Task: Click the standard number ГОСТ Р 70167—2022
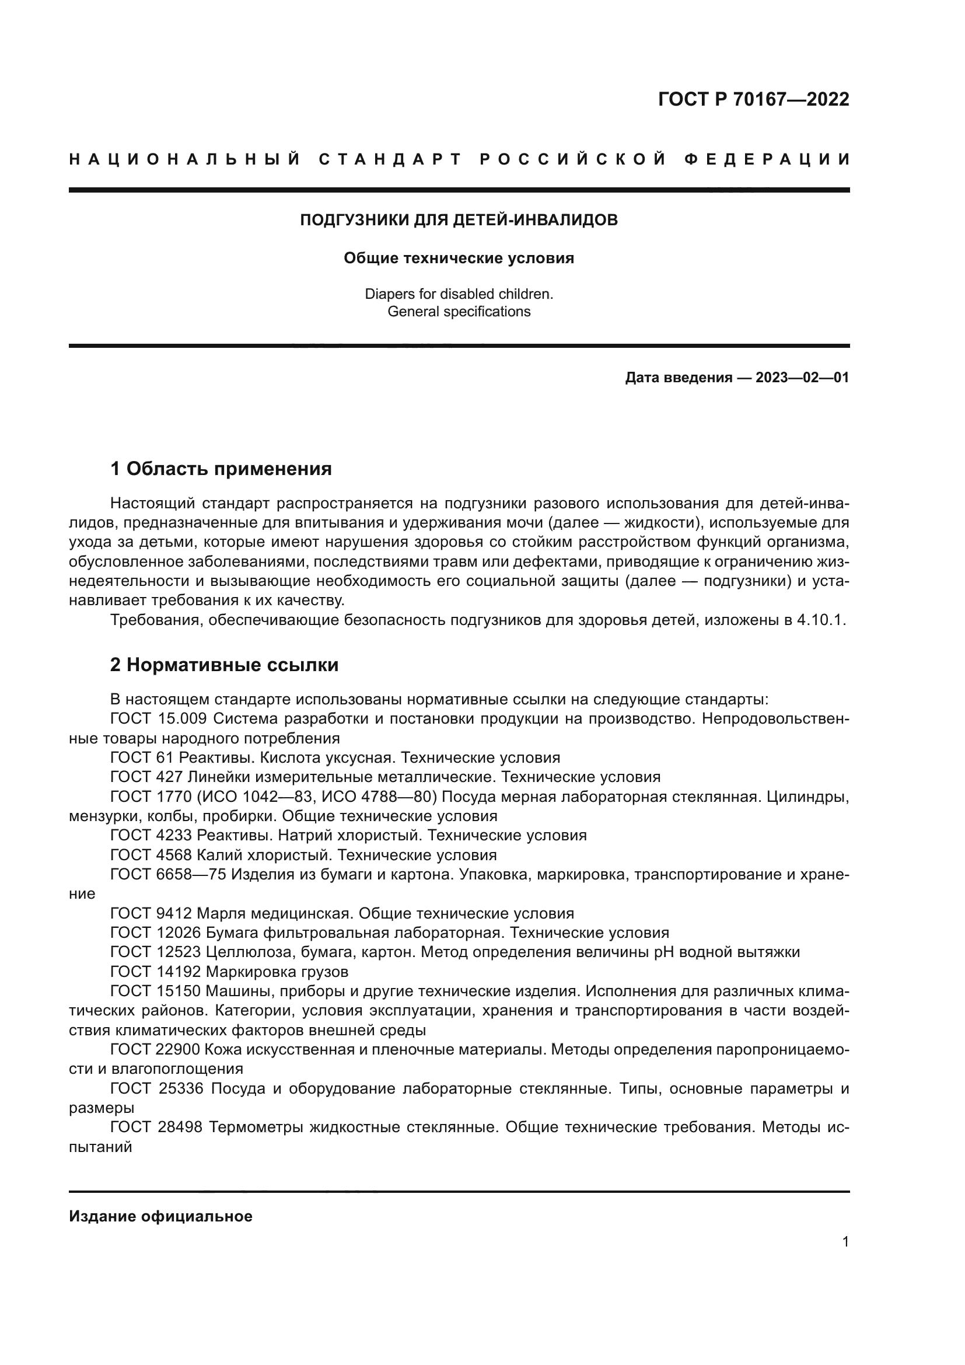753,99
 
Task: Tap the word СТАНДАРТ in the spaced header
390,159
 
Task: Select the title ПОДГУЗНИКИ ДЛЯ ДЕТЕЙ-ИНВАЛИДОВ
459,220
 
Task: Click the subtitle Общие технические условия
459,258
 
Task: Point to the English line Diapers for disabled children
459,294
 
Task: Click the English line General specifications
459,312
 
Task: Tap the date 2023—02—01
802,378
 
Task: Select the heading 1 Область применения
221,469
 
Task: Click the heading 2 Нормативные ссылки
224,665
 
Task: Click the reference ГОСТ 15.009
158,719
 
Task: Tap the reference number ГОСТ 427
146,777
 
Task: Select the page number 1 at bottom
845,1242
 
